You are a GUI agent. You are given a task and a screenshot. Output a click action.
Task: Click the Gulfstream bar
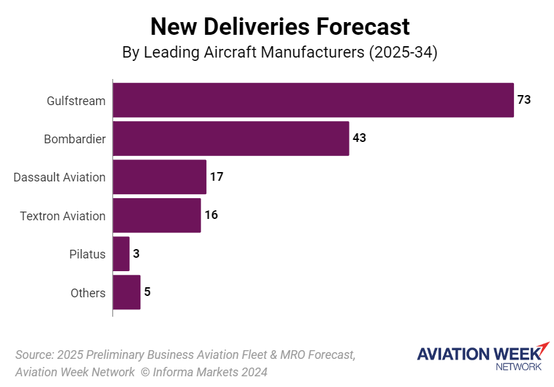coord(313,100)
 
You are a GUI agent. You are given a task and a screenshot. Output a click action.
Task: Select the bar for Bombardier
coord(231,139)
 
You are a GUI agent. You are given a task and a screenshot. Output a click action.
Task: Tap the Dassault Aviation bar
coord(159,177)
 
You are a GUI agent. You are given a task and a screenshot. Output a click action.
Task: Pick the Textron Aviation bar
coord(156,216)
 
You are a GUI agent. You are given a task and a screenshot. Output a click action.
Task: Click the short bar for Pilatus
coord(121,254)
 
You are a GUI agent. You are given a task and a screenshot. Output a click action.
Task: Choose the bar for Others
coord(126,293)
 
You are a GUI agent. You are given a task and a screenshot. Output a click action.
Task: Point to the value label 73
coord(524,100)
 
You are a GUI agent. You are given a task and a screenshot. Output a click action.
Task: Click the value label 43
coord(360,139)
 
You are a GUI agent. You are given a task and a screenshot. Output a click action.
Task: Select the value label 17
coord(216,177)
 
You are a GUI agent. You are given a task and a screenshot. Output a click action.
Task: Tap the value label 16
coord(211,216)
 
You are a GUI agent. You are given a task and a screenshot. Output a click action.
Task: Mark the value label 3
coord(136,254)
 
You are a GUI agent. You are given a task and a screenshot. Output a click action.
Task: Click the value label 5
coord(147,293)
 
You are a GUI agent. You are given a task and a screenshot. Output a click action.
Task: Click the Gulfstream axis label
coord(76,101)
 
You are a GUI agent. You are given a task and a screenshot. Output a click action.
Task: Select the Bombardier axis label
coord(75,139)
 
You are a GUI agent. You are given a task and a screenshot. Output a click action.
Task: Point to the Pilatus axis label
coord(87,254)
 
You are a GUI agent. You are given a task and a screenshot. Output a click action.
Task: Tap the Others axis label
coord(88,293)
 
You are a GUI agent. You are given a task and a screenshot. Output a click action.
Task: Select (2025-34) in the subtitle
coord(402,52)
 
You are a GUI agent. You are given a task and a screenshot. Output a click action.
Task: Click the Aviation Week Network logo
coord(482,357)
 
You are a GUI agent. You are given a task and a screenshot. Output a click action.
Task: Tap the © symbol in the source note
coord(144,372)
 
